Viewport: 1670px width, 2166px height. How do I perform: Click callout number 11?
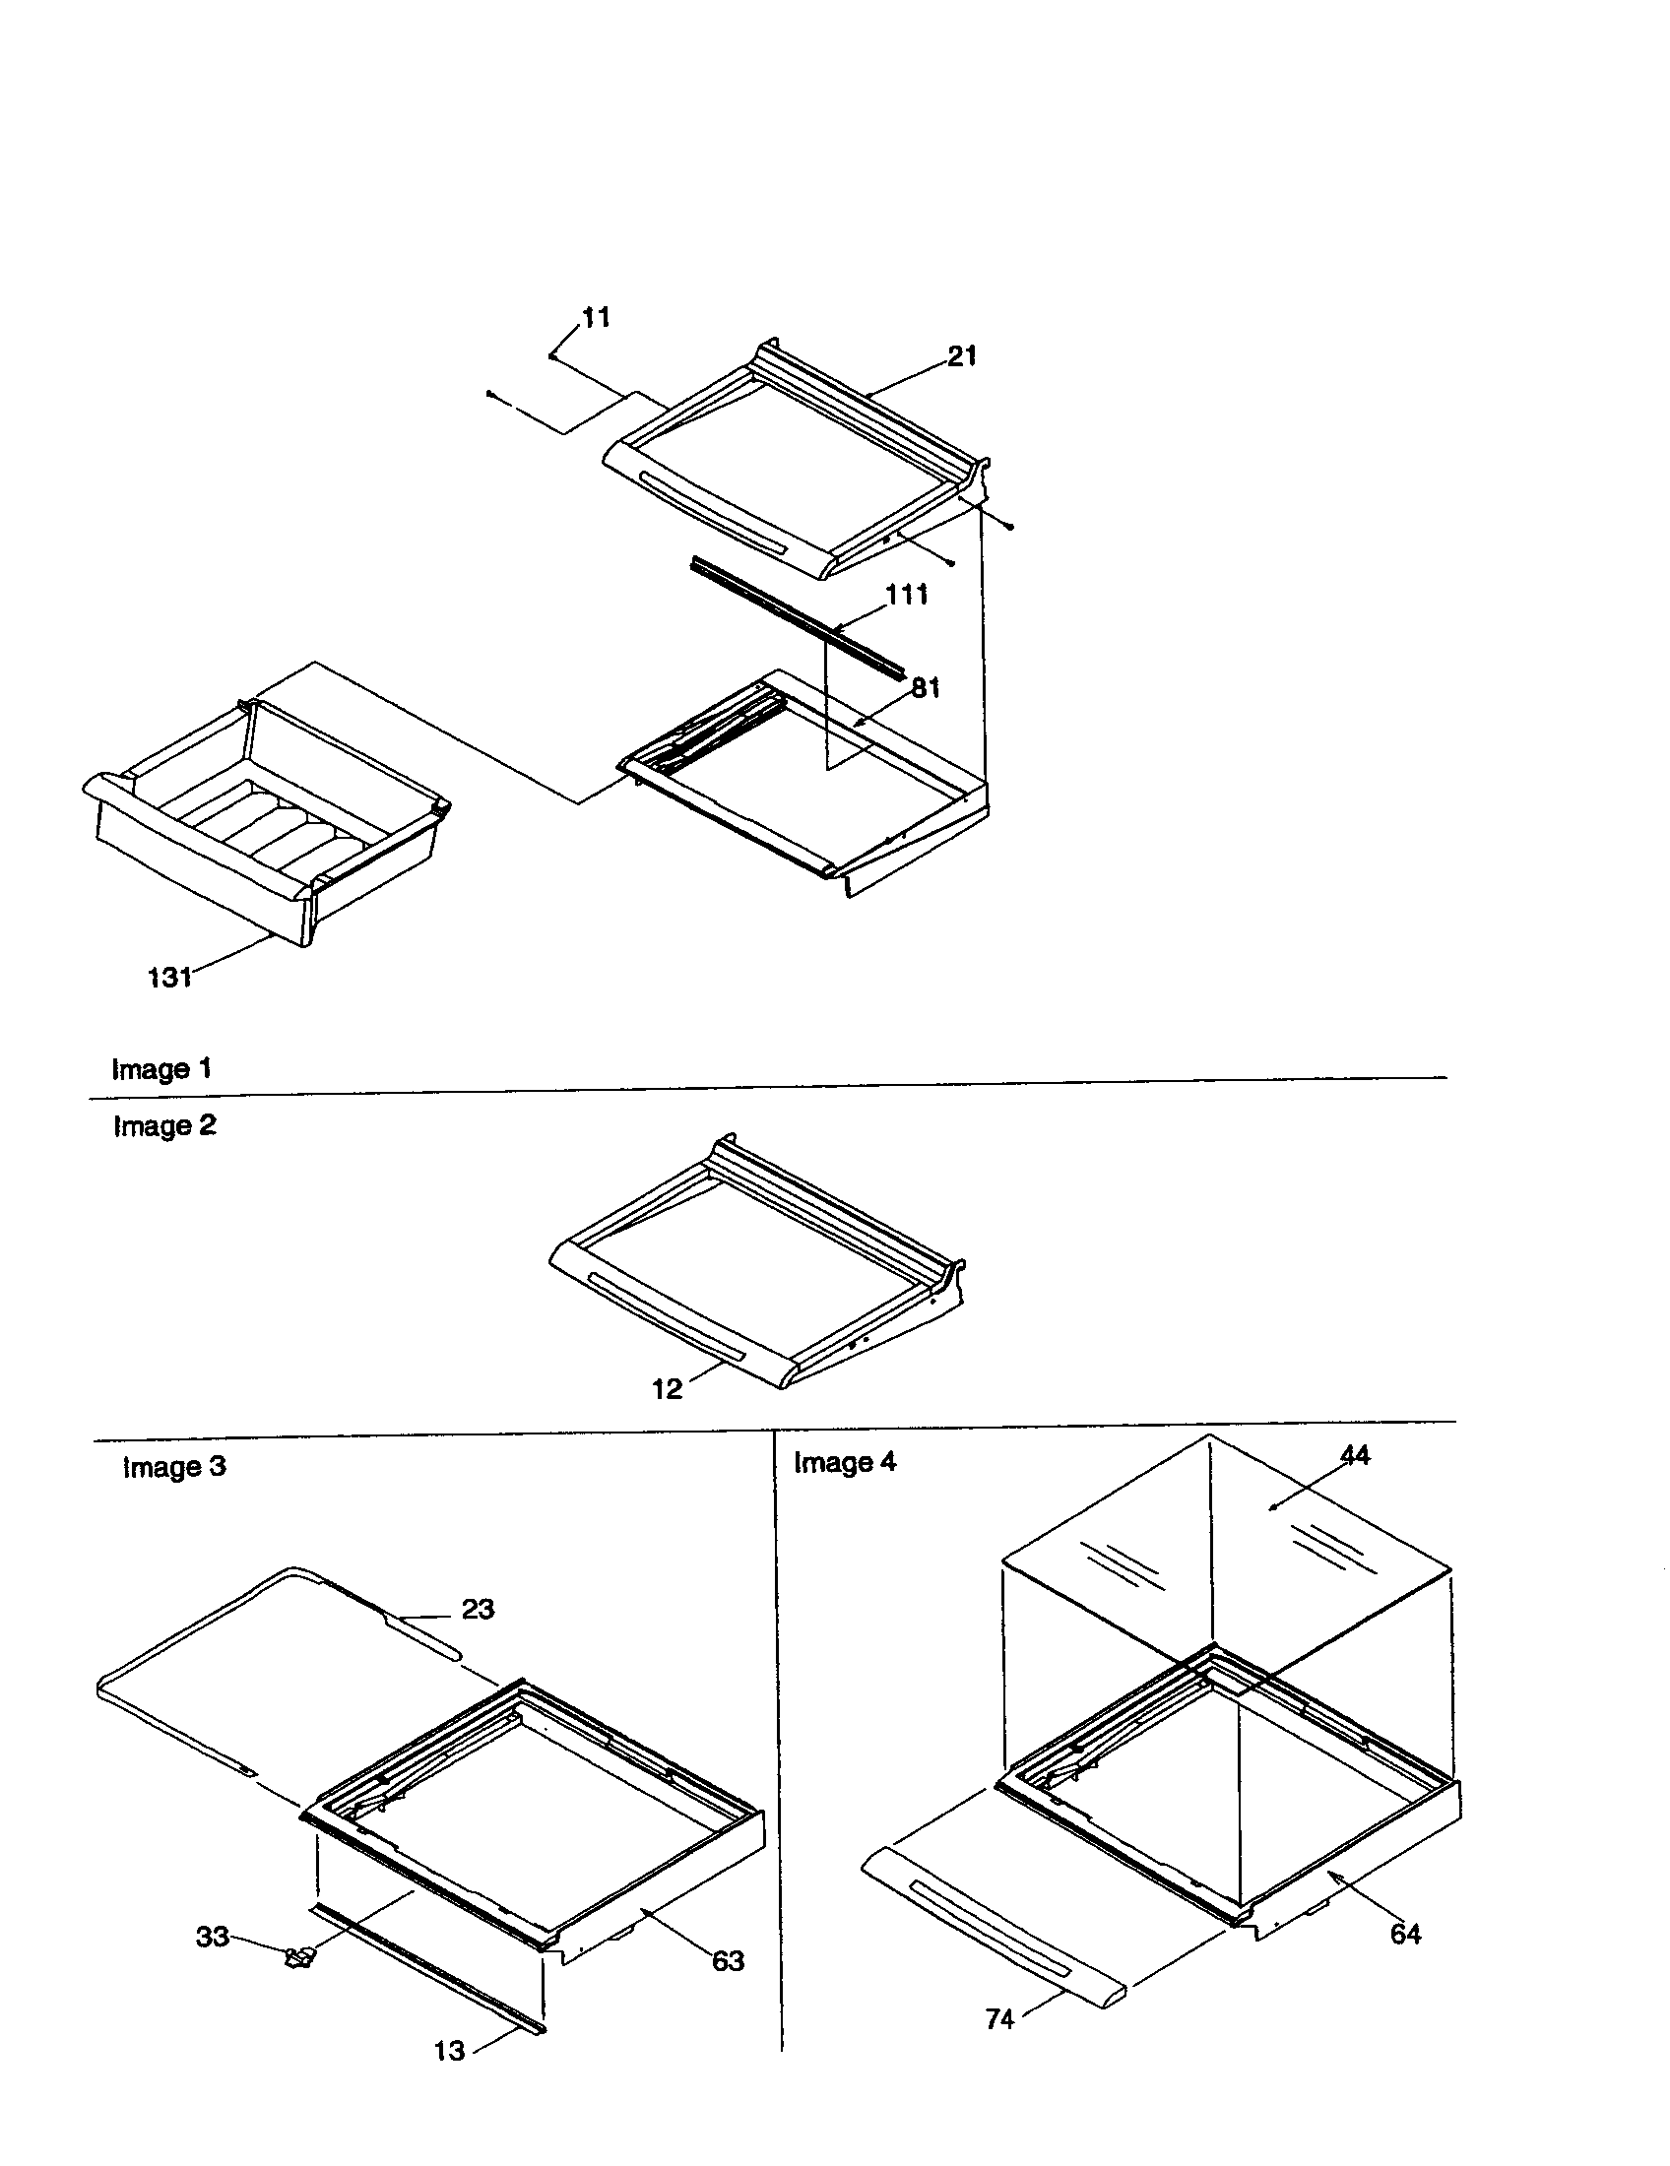pyautogui.click(x=596, y=318)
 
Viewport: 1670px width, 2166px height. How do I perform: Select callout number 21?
pyautogui.click(x=962, y=356)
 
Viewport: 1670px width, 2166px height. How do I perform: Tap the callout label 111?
pyautogui.click(x=907, y=595)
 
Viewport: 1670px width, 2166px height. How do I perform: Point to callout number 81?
pyautogui.click(x=926, y=688)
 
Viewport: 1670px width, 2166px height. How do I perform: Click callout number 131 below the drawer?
pyautogui.click(x=169, y=978)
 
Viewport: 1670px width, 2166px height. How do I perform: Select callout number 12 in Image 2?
pyautogui.click(x=667, y=1389)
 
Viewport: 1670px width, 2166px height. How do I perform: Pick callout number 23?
pyautogui.click(x=478, y=1609)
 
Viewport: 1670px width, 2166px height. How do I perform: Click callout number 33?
pyautogui.click(x=213, y=1937)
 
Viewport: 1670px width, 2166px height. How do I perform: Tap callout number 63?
pyautogui.click(x=728, y=1960)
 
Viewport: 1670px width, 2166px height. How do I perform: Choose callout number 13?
pyautogui.click(x=449, y=2051)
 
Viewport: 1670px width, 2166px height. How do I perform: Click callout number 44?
pyautogui.click(x=1355, y=1455)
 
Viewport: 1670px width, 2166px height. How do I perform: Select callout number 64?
pyautogui.click(x=1405, y=1934)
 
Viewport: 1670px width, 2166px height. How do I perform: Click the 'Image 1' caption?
pyautogui.click(x=161, y=1069)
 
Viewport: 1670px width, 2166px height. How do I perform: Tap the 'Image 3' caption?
pyautogui.click(x=174, y=1467)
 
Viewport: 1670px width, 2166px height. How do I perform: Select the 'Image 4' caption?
pyautogui.click(x=845, y=1463)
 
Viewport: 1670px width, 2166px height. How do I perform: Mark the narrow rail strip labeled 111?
pyautogui.click(x=794, y=615)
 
